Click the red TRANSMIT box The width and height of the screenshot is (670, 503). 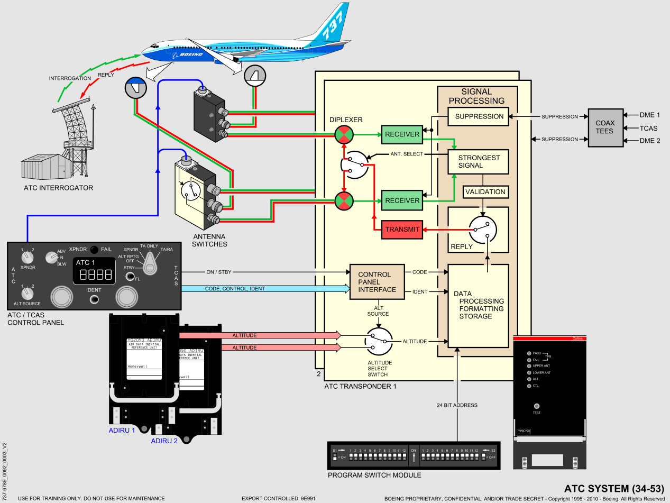click(x=402, y=229)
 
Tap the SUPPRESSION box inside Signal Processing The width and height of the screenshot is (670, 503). click(x=479, y=116)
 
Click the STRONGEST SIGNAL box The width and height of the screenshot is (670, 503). click(x=478, y=161)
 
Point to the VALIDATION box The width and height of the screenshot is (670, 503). click(x=485, y=192)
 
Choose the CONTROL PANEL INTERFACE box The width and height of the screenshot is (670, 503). click(x=377, y=282)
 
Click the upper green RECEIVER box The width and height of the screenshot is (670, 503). click(x=402, y=134)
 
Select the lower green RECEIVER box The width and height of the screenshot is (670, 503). click(x=402, y=200)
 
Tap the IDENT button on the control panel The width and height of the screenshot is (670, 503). click(x=94, y=299)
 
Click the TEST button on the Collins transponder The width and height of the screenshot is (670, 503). click(x=537, y=406)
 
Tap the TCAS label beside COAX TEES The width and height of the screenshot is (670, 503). click(x=649, y=127)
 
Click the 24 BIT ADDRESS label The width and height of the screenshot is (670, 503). click(x=457, y=405)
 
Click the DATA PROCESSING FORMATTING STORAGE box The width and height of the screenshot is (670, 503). click(x=478, y=305)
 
